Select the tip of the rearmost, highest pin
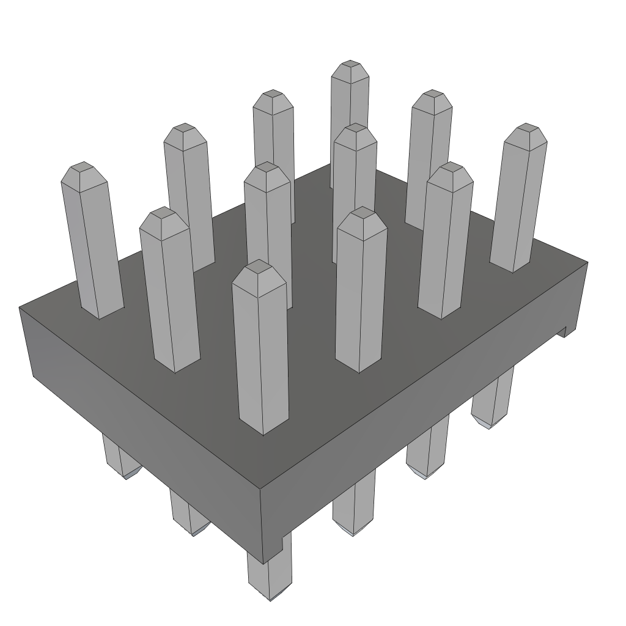pyautogui.click(x=350, y=63)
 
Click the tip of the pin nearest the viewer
pyautogui.click(x=260, y=263)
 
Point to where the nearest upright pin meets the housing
pyautogui.click(x=263, y=432)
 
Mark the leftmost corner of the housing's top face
pyautogui.click(x=20, y=307)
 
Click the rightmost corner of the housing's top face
pyautogui.click(x=587, y=262)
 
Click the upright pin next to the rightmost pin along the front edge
pyautogui.click(x=445, y=245)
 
